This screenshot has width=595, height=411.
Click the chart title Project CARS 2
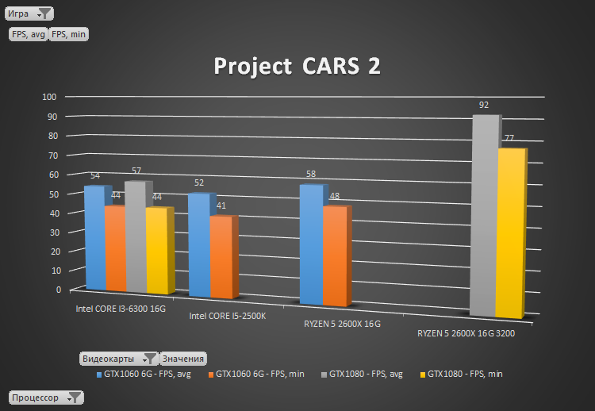(297, 67)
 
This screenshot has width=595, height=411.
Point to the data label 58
(309, 174)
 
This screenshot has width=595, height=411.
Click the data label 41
(221, 205)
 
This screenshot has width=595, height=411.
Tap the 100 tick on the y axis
(49, 97)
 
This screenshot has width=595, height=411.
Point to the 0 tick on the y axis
(58, 290)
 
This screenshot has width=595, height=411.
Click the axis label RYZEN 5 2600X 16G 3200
(466, 334)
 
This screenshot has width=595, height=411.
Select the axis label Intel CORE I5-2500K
(228, 316)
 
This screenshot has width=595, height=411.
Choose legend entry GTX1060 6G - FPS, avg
(146, 373)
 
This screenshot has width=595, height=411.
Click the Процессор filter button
(45, 397)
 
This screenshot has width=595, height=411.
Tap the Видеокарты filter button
(118, 359)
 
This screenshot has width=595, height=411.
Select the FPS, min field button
(69, 34)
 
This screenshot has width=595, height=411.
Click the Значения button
(183, 359)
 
